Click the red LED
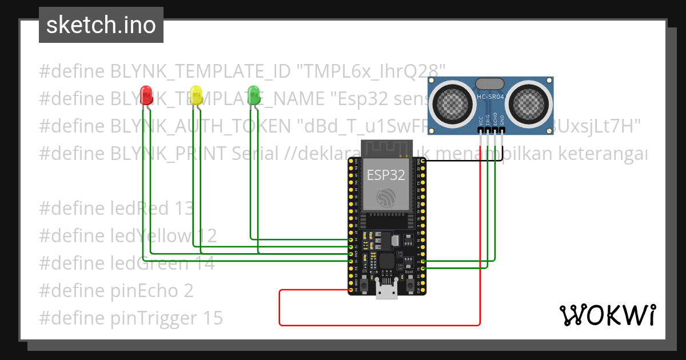pyautogui.click(x=146, y=94)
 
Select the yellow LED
pyautogui.click(x=196, y=94)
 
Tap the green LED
pyautogui.click(x=253, y=94)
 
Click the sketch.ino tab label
pyautogui.click(x=101, y=25)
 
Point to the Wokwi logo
pyautogui.click(x=607, y=315)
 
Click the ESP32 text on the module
pyautogui.click(x=385, y=175)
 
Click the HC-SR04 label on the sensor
pyautogui.click(x=490, y=97)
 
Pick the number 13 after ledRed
pyautogui.click(x=185, y=209)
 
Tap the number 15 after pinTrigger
pyautogui.click(x=212, y=318)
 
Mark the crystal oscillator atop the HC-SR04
pyautogui.click(x=490, y=83)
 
